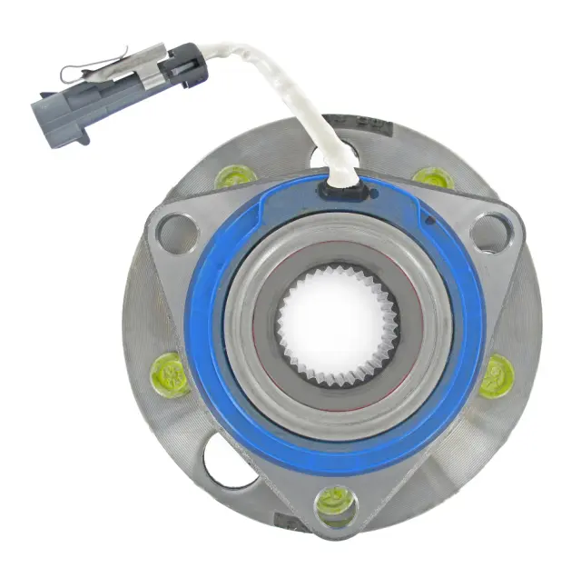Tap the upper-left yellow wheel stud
click(x=234, y=175)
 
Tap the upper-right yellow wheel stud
click(x=434, y=175)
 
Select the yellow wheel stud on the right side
click(x=497, y=374)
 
